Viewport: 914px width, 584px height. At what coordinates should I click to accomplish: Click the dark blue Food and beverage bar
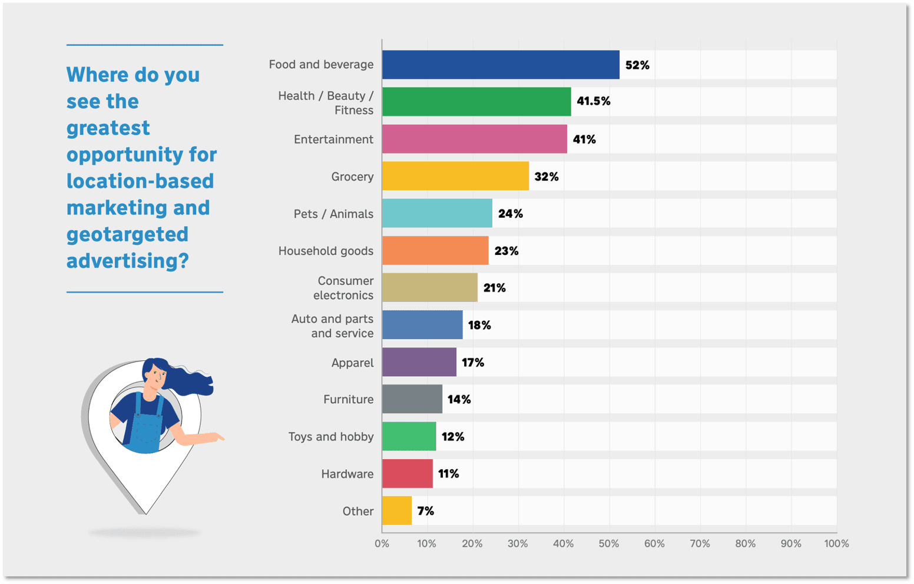pyautogui.click(x=501, y=65)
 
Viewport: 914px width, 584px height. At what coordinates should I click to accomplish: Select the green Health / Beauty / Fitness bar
pyautogui.click(x=476, y=102)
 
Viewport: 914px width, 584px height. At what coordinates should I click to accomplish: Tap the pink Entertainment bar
pyautogui.click(x=474, y=139)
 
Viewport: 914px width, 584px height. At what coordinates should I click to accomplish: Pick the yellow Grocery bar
pyautogui.click(x=455, y=176)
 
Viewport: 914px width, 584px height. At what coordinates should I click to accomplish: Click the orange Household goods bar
pyautogui.click(x=435, y=251)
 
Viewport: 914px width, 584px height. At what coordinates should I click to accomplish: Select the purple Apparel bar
pyautogui.click(x=419, y=362)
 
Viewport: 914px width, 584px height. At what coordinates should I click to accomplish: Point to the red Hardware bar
pyautogui.click(x=407, y=474)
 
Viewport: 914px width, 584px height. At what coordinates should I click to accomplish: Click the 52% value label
pyautogui.click(x=637, y=65)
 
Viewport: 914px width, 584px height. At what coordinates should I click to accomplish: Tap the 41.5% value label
pyautogui.click(x=593, y=101)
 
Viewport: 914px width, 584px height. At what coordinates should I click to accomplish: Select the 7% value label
pyautogui.click(x=425, y=511)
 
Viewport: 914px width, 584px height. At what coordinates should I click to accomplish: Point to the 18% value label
pyautogui.click(x=479, y=325)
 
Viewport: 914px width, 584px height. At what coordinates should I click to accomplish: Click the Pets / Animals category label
pyautogui.click(x=333, y=214)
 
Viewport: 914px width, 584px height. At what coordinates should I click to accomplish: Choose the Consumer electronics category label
pyautogui.click(x=343, y=288)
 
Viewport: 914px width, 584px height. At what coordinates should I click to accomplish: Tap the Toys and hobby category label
pyautogui.click(x=330, y=437)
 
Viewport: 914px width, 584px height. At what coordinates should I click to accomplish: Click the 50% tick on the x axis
pyautogui.click(x=609, y=543)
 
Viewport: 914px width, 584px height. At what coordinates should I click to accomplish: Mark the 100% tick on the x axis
pyautogui.click(x=836, y=543)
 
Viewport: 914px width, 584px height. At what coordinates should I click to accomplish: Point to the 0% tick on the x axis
pyautogui.click(x=382, y=543)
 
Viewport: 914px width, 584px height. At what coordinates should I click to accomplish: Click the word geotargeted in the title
pyautogui.click(x=127, y=234)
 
